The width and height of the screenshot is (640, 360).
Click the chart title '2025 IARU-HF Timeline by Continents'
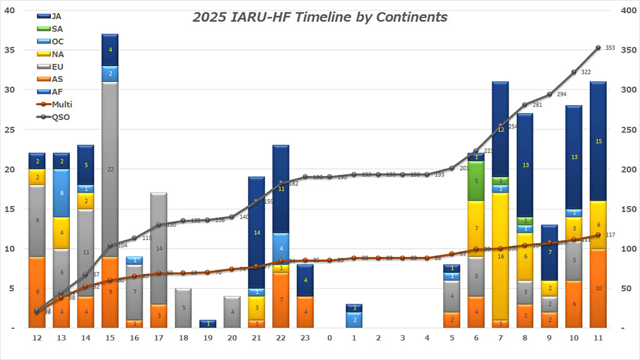[319, 17]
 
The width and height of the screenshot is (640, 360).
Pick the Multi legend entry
[62, 104]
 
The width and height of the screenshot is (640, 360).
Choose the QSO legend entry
[61, 117]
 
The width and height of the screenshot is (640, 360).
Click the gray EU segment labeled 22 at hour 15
[110, 169]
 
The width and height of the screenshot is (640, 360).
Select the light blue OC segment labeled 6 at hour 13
[61, 193]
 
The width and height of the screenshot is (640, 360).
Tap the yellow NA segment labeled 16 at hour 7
[500, 256]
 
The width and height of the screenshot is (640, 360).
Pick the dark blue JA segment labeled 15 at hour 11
[598, 141]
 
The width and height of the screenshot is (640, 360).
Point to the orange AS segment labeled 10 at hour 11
[598, 288]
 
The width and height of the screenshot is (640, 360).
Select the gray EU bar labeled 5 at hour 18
[182, 308]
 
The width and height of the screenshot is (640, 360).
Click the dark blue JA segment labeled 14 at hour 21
[256, 232]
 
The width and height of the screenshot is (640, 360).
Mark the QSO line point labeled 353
[598, 47]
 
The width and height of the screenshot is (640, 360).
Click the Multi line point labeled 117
[598, 235]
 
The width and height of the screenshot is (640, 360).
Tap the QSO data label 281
[536, 105]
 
